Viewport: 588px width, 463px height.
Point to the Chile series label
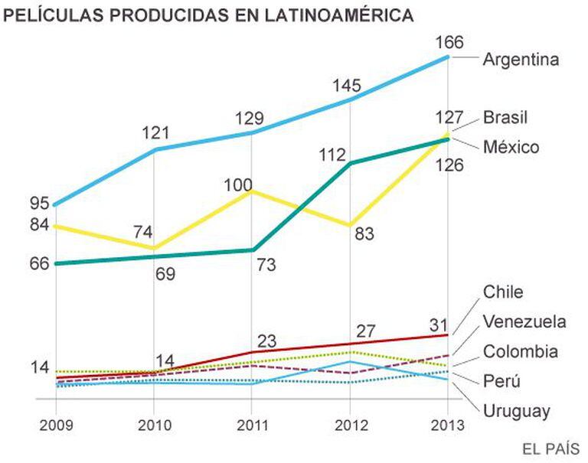pyautogui.click(x=503, y=292)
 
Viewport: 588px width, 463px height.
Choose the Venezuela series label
pyautogui.click(x=524, y=321)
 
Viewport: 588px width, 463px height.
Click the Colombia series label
pyautogui.click(x=520, y=352)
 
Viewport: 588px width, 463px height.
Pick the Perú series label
pyautogui.click(x=501, y=381)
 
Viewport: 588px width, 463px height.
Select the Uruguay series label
pyautogui.click(x=517, y=411)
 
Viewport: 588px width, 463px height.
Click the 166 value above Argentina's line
pyautogui.click(x=449, y=43)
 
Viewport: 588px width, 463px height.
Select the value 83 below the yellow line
pyautogui.click(x=364, y=235)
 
